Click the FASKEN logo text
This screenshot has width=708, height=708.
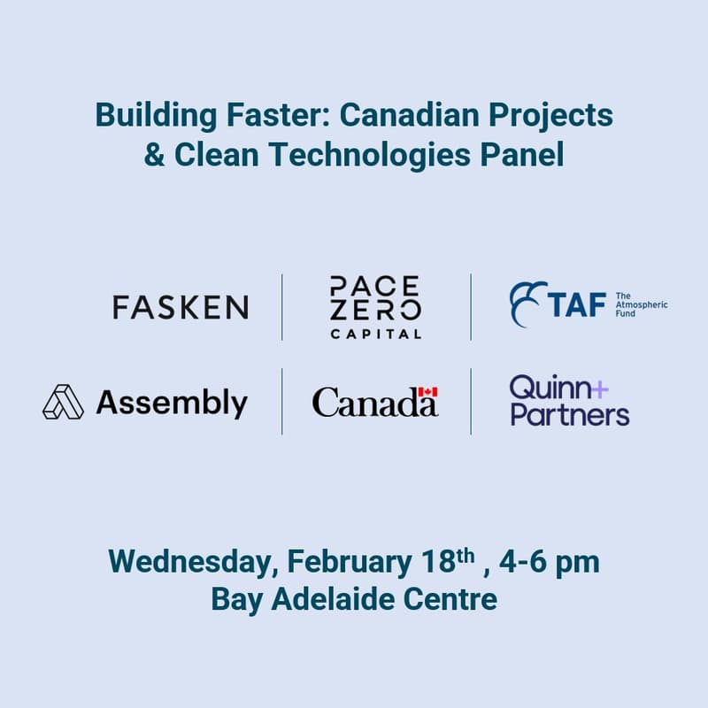181,307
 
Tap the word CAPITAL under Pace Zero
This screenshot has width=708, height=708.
375,334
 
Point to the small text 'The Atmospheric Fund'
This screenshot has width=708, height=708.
641,306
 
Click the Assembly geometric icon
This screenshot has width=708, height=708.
63,403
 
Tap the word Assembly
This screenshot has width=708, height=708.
172,404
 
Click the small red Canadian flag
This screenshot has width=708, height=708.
428,390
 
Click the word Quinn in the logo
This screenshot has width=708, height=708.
546,389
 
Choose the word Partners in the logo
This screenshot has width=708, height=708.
569,415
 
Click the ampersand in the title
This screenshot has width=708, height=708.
154,155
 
